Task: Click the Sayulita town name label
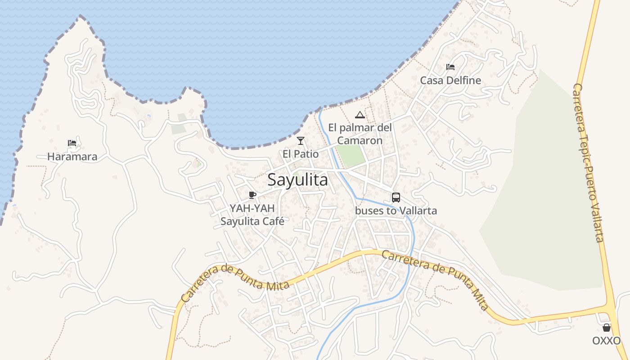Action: coord(297,180)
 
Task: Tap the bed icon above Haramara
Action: coord(72,144)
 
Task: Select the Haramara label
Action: coord(72,157)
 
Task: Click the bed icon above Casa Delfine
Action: coord(450,67)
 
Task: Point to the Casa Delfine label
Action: coord(450,81)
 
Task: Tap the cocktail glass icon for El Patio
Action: coord(301,141)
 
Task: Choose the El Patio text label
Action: coord(301,154)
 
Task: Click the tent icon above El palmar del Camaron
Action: coord(360,115)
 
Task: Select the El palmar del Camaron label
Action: coord(360,134)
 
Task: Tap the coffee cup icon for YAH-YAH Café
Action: coord(252,195)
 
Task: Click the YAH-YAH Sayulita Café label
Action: coord(252,215)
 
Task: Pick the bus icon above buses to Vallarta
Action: coord(396,197)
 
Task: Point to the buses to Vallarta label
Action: coord(396,211)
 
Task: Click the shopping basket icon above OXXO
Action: coord(607,328)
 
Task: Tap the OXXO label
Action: coord(607,341)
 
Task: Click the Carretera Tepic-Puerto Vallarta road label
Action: coord(588,162)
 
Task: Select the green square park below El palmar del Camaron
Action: coord(351,156)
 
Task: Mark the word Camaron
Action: coord(360,140)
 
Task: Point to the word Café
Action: coord(274,221)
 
